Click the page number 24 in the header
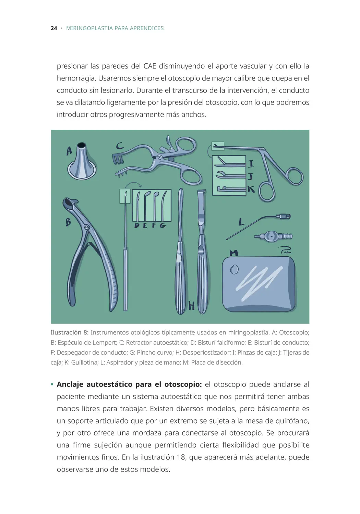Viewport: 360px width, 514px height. point(53,28)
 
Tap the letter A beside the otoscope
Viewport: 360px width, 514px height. point(69,151)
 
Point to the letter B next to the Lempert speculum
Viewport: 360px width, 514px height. point(68,222)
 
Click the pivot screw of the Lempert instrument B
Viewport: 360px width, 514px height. point(87,227)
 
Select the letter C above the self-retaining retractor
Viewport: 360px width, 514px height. point(120,146)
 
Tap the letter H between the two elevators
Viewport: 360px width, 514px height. point(192,305)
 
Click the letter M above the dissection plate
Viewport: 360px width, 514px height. point(233,253)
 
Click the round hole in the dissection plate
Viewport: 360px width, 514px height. point(234,270)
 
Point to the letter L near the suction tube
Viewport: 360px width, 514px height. point(241,222)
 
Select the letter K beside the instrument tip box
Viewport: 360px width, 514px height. point(251,189)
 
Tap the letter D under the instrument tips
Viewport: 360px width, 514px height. point(136,225)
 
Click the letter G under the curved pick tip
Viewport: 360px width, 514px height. point(162,225)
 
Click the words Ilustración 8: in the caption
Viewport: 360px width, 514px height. point(69,332)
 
